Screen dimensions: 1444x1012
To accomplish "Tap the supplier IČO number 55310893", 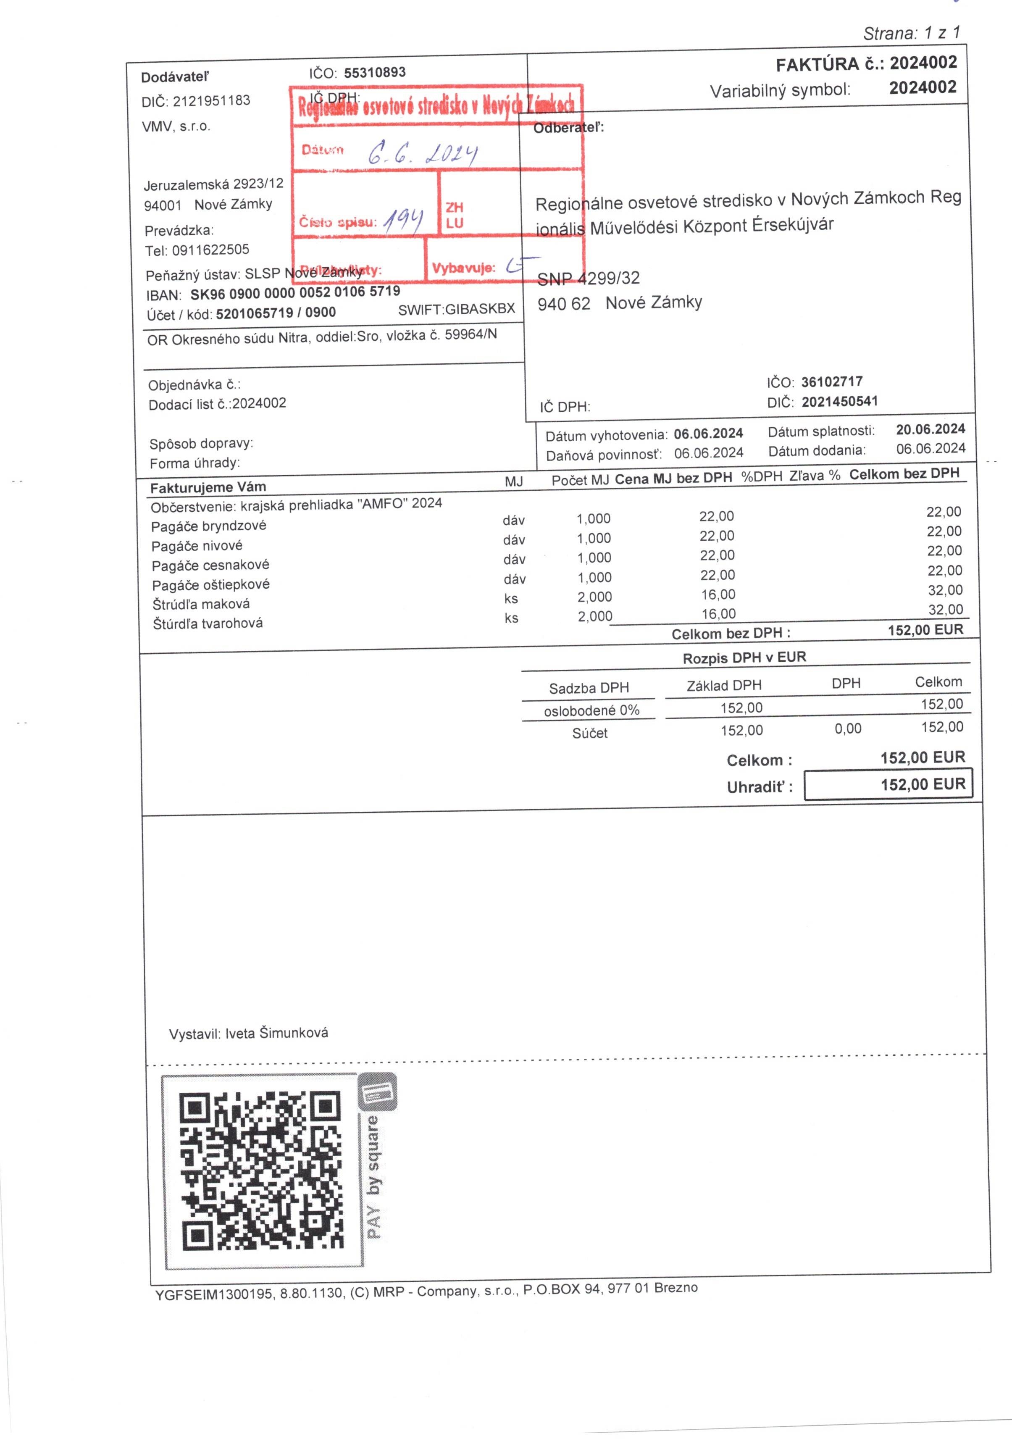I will (374, 72).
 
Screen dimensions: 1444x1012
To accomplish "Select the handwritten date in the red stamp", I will (423, 152).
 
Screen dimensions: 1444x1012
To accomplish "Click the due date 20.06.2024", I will (930, 429).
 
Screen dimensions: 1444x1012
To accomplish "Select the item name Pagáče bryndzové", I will (208, 526).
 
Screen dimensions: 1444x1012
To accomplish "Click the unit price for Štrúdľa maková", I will (718, 594).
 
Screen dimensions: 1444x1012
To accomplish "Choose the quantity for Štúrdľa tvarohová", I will (594, 616).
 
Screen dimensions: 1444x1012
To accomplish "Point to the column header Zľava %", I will (815, 476).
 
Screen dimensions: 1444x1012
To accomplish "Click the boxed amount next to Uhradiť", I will (888, 784).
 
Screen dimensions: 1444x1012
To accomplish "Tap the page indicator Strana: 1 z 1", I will (911, 33).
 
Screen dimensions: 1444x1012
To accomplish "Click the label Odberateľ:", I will (568, 128).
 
